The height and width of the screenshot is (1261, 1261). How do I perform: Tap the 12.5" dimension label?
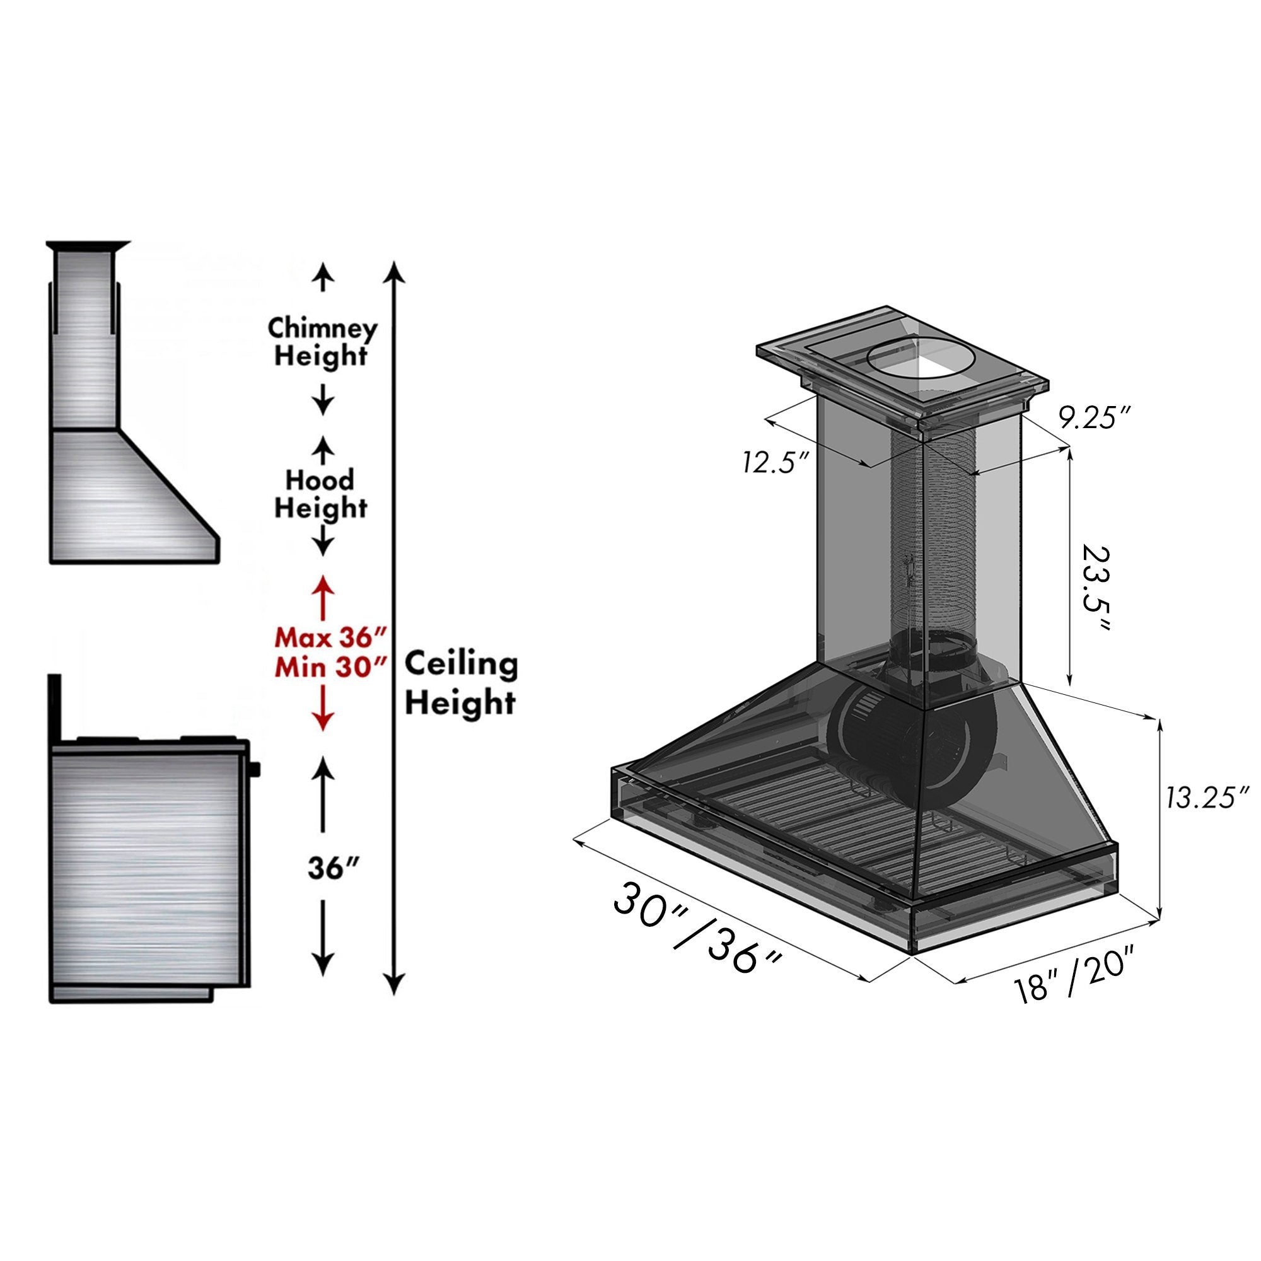tap(776, 463)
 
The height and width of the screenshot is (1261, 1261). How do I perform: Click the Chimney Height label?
tap(322, 342)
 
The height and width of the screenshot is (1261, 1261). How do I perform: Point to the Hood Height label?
tap(320, 494)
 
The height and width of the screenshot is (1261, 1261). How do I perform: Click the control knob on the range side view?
tap(255, 768)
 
